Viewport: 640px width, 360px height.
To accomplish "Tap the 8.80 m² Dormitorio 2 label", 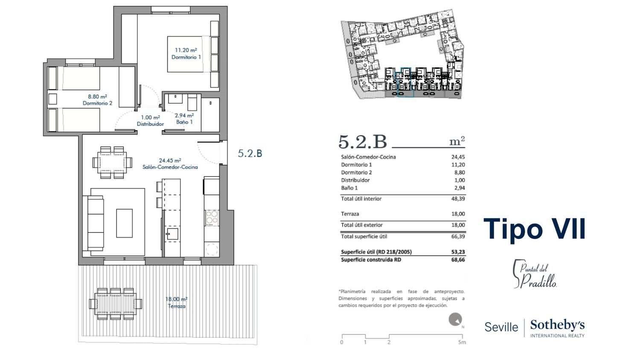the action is [97, 100].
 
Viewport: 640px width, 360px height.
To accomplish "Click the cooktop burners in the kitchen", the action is [212, 218].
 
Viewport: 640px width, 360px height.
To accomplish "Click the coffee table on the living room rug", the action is [124, 223].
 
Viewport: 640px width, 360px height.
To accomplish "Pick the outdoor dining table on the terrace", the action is [116, 304].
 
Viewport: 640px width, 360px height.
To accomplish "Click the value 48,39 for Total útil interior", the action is [458, 199].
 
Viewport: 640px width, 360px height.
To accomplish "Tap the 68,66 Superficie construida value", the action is [458, 260].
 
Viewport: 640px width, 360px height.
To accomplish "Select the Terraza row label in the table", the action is [350, 214].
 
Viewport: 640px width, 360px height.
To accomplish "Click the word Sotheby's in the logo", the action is [557, 325].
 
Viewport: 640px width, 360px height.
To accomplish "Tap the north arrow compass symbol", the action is [455, 320].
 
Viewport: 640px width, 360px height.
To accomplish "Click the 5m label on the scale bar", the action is [462, 342].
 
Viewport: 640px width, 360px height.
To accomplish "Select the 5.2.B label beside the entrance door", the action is [250, 154].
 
